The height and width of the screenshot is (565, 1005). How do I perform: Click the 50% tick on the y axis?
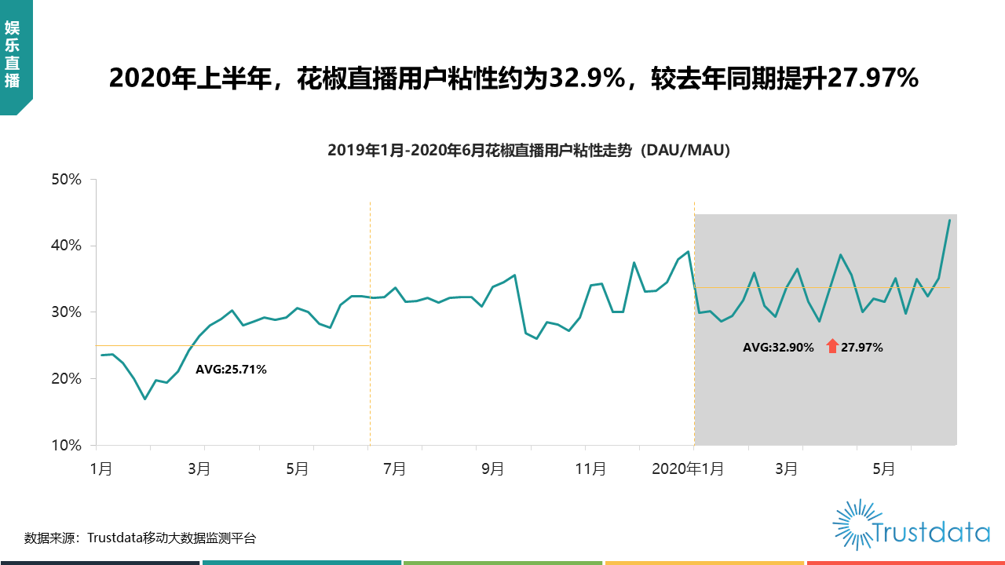coord(66,180)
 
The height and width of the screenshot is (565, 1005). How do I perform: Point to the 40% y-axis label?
coord(66,246)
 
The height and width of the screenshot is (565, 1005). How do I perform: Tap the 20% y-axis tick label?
coord(66,379)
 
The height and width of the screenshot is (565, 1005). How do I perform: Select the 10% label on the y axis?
coord(66,446)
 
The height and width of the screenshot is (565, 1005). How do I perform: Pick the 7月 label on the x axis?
coord(394,469)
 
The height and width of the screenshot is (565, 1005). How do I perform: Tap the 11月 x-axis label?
coord(590,469)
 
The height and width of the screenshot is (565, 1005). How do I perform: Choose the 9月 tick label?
coord(492,469)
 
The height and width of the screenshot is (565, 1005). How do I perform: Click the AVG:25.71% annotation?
coord(231,370)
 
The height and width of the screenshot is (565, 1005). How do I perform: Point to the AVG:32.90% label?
coord(778,347)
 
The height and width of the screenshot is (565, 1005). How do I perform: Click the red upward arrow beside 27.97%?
coord(832,346)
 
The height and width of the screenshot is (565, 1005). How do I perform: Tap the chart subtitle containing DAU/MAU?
coord(529,151)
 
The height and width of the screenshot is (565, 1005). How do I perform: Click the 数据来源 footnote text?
coord(140,538)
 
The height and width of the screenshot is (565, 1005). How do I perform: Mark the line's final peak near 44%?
coord(949,221)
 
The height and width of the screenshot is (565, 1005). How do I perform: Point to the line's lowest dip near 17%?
coord(144,399)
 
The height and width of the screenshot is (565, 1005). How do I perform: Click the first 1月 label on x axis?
coord(100,469)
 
